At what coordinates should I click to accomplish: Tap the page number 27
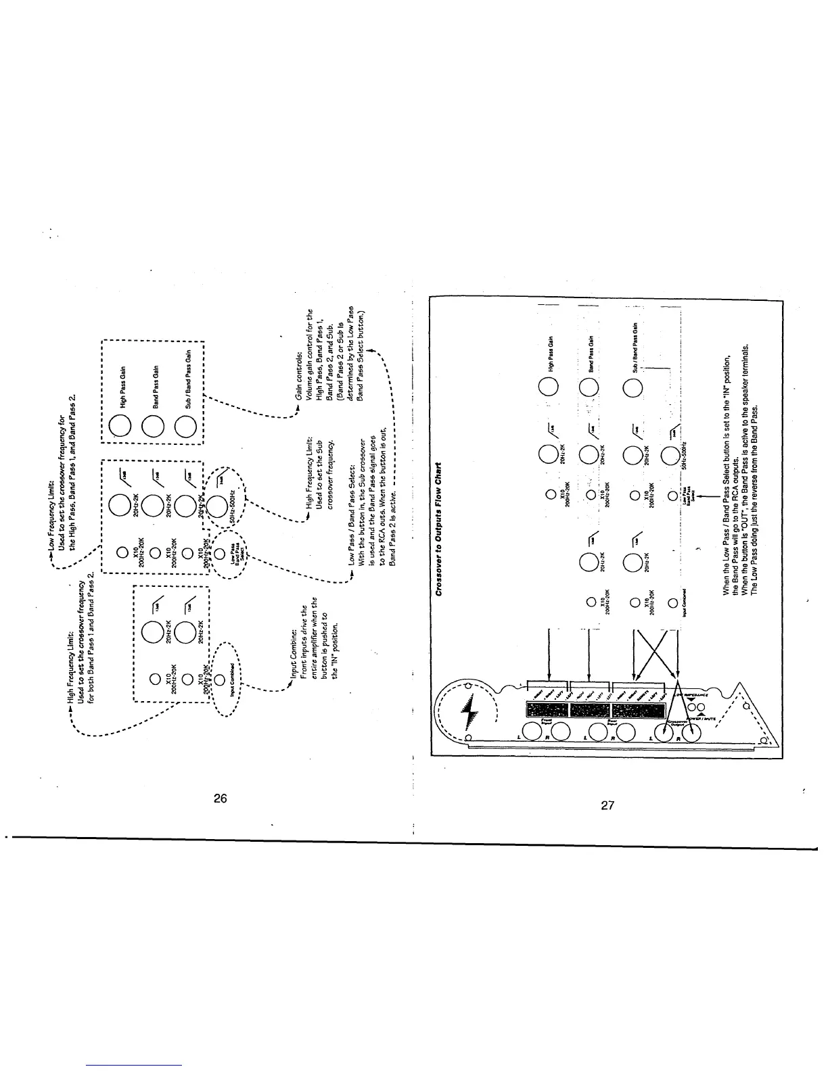tap(606, 805)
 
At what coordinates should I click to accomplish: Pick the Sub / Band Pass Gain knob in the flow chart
tap(632, 389)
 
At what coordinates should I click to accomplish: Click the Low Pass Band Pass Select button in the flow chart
tap(672, 497)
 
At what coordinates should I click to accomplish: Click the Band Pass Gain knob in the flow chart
tap(589, 389)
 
